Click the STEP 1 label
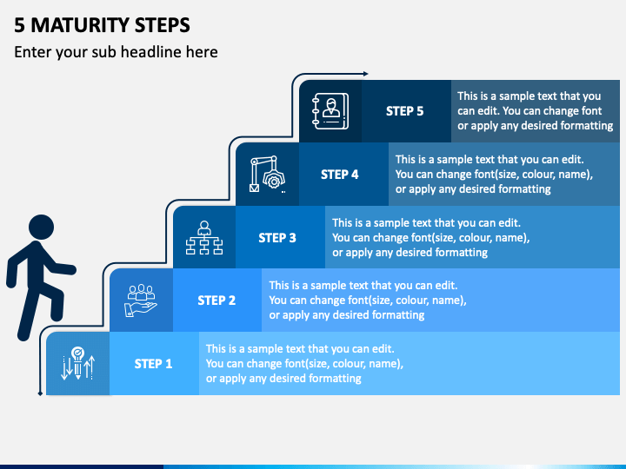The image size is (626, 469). point(153,364)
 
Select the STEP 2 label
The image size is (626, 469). point(216,301)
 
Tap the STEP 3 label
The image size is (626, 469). point(277,237)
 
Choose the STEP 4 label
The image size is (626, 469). point(339,174)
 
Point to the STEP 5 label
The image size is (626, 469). point(404,111)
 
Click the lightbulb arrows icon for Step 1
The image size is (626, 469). point(77,364)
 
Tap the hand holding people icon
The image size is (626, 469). point(141,301)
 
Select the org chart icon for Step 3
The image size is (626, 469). point(204,238)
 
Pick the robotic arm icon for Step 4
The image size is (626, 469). point(267,174)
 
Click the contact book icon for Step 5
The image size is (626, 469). point(330,111)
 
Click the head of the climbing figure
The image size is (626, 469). point(40,228)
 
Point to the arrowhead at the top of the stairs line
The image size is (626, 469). point(365,75)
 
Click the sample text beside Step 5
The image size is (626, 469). point(535,111)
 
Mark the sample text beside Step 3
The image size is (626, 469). point(430,237)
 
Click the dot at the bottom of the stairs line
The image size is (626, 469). point(40,393)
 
